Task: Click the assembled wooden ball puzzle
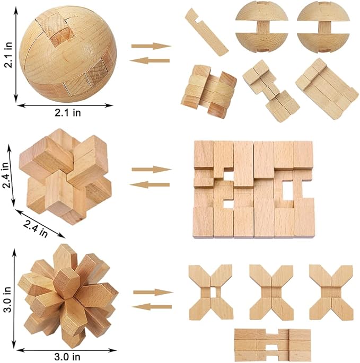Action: coord(68,55)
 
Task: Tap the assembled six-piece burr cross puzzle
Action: coord(65,176)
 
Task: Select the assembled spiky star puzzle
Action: coord(68,295)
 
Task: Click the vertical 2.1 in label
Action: coord(8,55)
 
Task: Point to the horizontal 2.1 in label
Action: coord(68,113)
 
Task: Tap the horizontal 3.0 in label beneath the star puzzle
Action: coord(67,357)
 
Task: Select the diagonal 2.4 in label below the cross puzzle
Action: coord(36,228)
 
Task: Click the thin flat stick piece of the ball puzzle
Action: coord(206,32)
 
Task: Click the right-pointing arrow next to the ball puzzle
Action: coord(151,46)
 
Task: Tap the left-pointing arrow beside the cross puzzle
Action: coord(150,185)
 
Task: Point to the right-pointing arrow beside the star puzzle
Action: coord(153,293)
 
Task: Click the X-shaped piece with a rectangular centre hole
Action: coord(211,292)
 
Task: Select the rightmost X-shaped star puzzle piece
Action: coord(331,293)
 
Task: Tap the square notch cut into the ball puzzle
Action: coord(62,35)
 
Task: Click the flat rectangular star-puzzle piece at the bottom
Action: coord(273,345)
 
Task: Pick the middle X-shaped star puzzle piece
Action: coord(271,293)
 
